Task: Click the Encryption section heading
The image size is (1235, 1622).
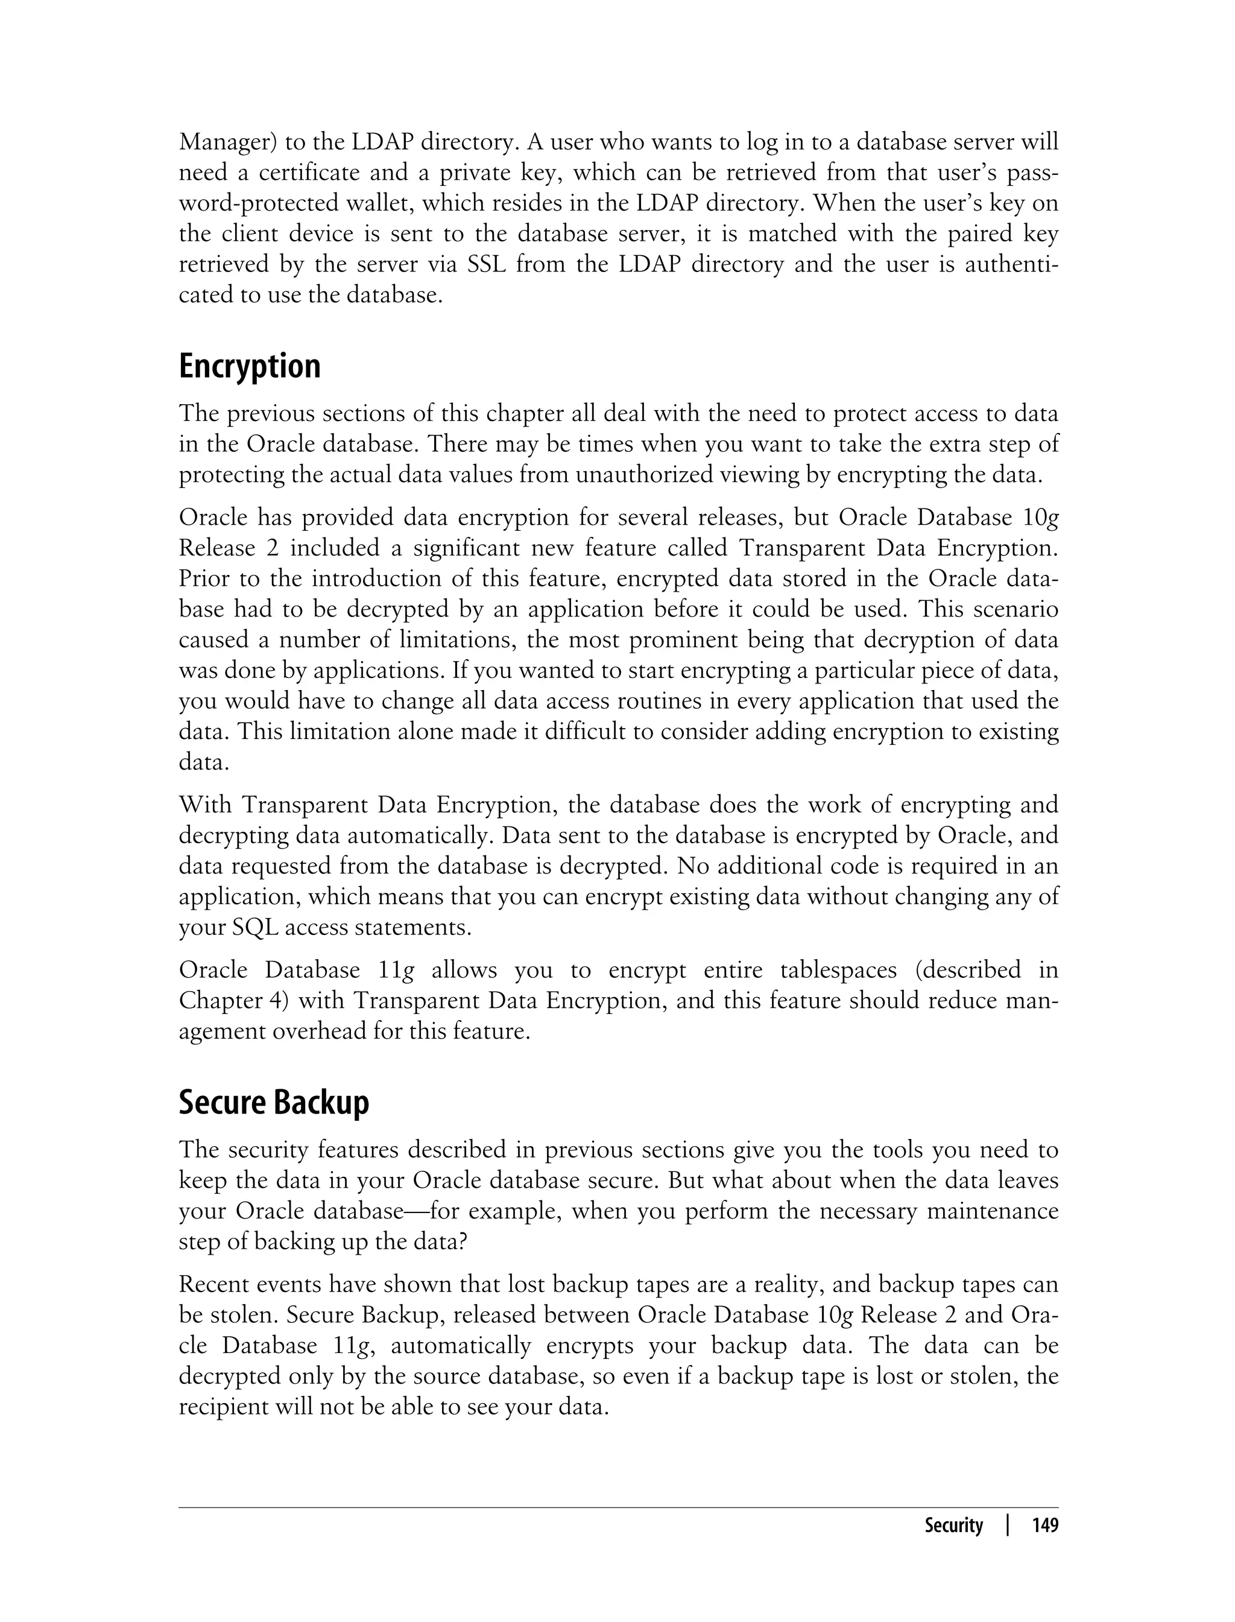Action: click(x=249, y=366)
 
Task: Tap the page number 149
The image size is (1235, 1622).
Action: click(x=1044, y=1525)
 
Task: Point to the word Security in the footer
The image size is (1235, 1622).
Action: click(x=953, y=1525)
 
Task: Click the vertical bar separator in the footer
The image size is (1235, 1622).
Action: click(x=1008, y=1525)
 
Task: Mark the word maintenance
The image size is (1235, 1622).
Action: click(x=993, y=1210)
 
